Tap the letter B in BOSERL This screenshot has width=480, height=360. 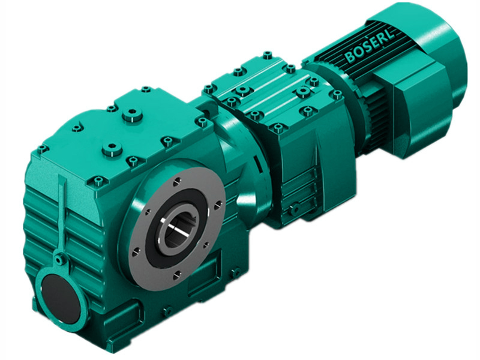(350, 58)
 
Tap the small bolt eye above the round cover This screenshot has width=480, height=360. (59, 259)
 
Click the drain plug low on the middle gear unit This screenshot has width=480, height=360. (295, 208)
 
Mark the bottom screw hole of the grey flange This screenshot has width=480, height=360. (178, 275)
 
